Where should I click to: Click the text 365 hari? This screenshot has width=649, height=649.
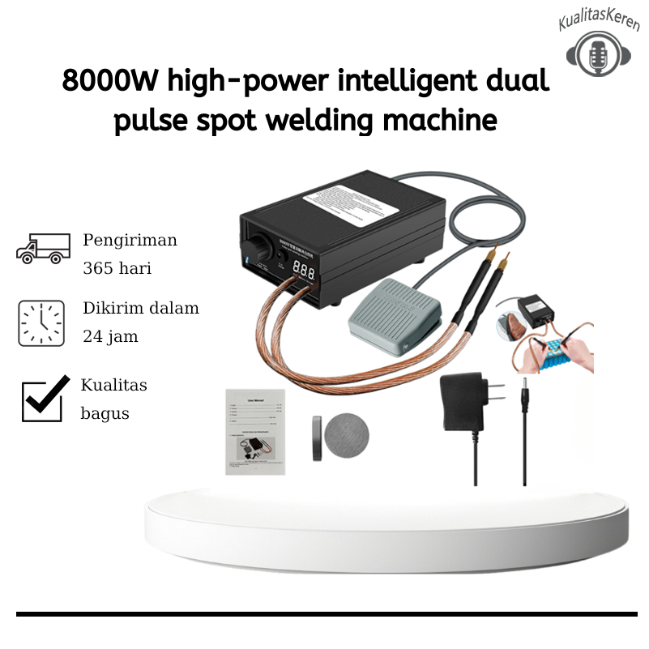117,268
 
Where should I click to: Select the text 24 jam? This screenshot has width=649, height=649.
110,336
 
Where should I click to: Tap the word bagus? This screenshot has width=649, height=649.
105,413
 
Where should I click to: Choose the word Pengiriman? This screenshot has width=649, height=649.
130,241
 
